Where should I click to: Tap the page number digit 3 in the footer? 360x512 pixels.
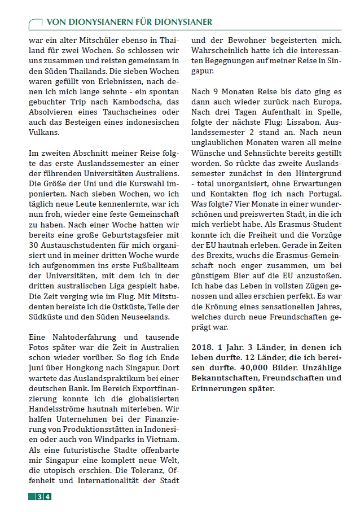(40, 496)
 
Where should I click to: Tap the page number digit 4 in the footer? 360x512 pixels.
(48, 496)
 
